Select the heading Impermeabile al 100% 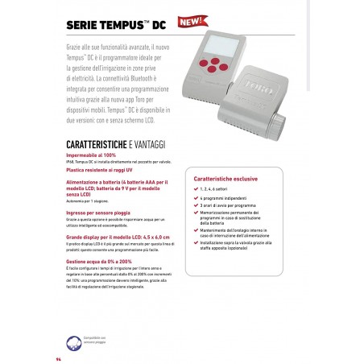(x=93, y=155)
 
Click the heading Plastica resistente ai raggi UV (x=104, y=172)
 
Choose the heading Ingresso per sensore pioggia (x=101, y=212)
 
